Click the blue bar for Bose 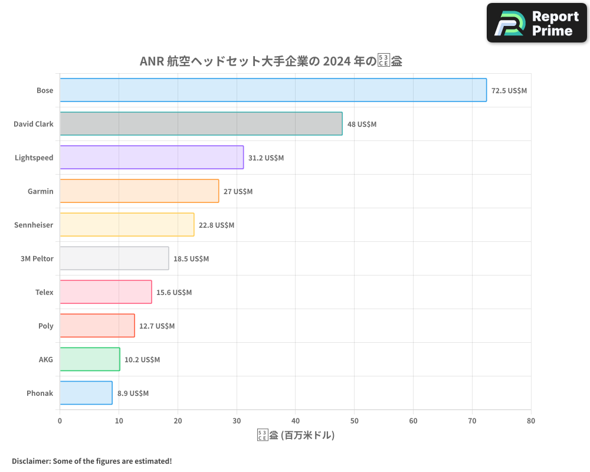(x=273, y=90)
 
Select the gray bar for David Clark (x=201, y=124)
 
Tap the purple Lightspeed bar (x=152, y=158)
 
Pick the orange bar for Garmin (x=139, y=191)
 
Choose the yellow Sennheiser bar (x=127, y=225)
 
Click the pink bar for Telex (x=106, y=292)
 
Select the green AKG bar (x=90, y=359)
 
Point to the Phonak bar (x=86, y=393)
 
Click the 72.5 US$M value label (x=509, y=91)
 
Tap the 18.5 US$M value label (x=191, y=259)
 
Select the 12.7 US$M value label (x=157, y=326)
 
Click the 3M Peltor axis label (x=37, y=259)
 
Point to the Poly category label (x=45, y=326)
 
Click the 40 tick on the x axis (x=296, y=421)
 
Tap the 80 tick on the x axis (x=531, y=421)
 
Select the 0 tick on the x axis (x=60, y=421)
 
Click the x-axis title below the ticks (x=296, y=436)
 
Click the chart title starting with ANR (x=271, y=61)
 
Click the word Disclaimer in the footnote (x=31, y=461)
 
